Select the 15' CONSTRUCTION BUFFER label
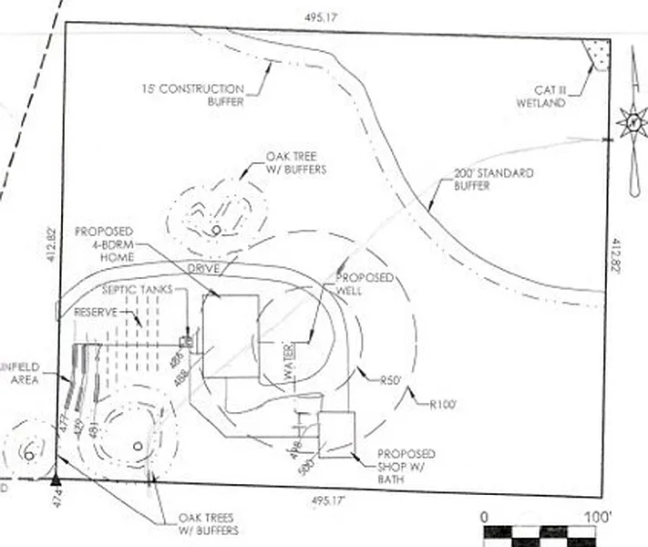pyautogui.click(x=192, y=96)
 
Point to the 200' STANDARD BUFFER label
pyautogui.click(x=492, y=179)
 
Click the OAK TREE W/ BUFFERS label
pyautogui.click(x=296, y=162)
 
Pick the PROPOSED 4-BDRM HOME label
pyautogui.click(x=104, y=244)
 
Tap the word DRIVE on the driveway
pyautogui.click(x=205, y=269)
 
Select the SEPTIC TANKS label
pyautogui.click(x=137, y=289)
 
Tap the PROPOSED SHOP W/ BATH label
pyautogui.click(x=406, y=466)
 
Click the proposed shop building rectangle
pyautogui.click(x=336, y=434)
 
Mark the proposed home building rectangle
pyautogui.click(x=230, y=335)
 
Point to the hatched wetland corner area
pyautogui.click(x=599, y=55)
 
